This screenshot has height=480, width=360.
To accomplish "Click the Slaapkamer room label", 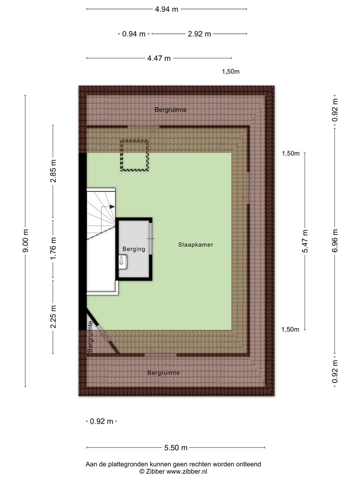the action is [195, 244].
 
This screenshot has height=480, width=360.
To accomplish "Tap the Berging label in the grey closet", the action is [134, 249].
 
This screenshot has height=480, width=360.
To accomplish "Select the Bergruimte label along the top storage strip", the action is [170, 109].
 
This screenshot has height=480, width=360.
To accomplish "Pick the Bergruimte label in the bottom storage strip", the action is [163, 373].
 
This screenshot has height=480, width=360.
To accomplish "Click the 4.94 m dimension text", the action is [166, 9].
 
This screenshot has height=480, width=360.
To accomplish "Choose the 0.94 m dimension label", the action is [133, 34].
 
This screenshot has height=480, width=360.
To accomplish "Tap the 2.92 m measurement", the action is [199, 34].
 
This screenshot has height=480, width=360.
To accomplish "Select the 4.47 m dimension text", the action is [159, 58].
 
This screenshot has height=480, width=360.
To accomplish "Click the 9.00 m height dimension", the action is [25, 241].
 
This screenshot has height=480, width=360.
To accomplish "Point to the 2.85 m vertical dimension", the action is [53, 171].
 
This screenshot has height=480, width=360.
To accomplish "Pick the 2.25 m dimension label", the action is [53, 317].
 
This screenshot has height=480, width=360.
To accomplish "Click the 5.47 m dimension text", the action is [305, 241].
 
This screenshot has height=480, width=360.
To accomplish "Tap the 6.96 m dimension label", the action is [335, 241].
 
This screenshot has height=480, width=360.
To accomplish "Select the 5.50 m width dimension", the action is [176, 448].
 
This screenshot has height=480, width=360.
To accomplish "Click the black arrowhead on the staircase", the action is [112, 207].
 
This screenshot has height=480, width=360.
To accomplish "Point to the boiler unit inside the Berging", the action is [123, 262].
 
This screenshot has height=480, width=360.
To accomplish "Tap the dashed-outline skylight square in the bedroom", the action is [134, 155].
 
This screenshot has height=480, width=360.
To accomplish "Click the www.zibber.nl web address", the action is [187, 472].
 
